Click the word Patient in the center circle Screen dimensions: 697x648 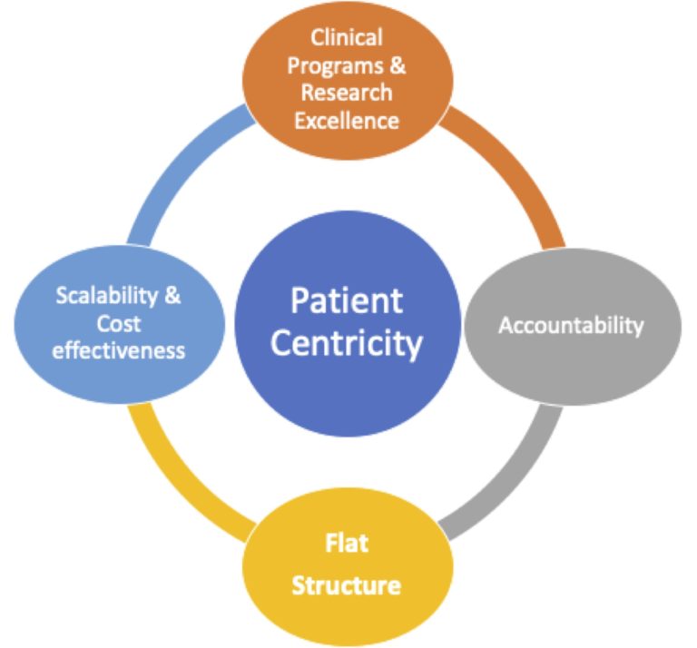point(347,301)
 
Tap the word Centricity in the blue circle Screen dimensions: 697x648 point(347,343)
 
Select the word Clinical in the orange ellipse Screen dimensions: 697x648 point(347,37)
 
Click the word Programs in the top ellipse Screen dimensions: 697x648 point(335,66)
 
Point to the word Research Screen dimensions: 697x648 point(347,93)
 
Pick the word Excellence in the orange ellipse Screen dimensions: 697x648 point(347,121)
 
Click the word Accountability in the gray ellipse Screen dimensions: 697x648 point(571,326)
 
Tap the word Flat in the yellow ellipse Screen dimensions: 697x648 point(347,543)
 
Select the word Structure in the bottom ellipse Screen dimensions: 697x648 point(347,585)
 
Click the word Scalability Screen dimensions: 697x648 point(107,296)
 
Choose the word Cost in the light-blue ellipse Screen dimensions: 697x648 point(119,324)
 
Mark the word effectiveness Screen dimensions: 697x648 point(119,350)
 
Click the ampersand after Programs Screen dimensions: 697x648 point(398,65)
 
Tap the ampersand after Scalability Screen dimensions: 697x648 point(172,295)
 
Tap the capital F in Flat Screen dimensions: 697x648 point(331,543)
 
